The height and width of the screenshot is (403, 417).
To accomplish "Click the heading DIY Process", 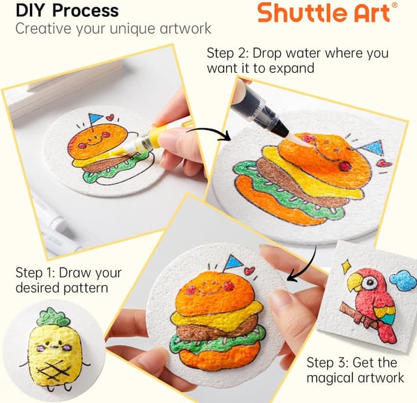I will coord(67,10).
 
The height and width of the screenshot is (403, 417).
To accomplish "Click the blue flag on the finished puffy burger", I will coord(233,262).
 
